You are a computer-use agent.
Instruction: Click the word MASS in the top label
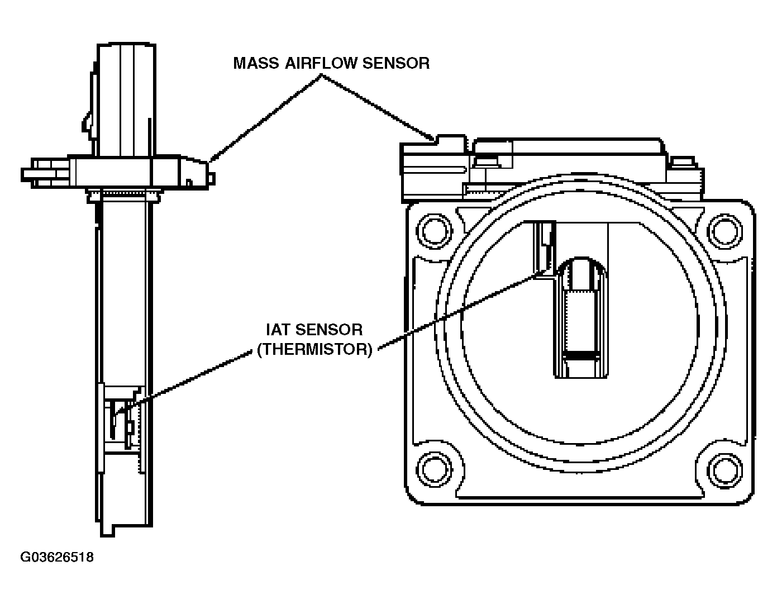point(256,63)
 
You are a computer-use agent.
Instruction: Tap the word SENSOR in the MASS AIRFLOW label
point(396,63)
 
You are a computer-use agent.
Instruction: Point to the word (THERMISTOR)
point(314,349)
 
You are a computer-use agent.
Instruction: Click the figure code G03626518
point(57,557)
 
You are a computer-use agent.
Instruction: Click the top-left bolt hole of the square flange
point(435,231)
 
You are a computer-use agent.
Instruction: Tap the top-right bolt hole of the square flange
point(725,231)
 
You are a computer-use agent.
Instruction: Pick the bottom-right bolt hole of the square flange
point(725,470)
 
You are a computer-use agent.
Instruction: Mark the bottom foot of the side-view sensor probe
point(107,530)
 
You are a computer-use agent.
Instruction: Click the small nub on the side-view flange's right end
point(212,178)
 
